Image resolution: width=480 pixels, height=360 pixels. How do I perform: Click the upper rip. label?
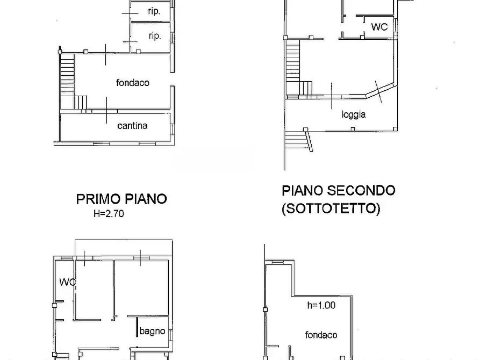tap(154, 11)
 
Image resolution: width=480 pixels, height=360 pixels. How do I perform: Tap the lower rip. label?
tap(154, 36)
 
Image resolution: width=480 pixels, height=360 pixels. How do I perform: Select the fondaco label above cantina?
tap(133, 83)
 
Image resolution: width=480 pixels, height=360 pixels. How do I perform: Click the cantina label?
tap(132, 126)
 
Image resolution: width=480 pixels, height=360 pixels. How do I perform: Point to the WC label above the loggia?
tap(379, 27)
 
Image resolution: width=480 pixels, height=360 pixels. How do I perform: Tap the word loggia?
tap(353, 114)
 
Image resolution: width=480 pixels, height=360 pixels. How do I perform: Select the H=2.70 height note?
tap(109, 213)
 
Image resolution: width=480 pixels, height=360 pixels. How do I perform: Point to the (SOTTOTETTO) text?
tap(331, 208)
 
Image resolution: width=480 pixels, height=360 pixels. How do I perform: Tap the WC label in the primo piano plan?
tap(67, 282)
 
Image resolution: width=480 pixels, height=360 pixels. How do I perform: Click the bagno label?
tap(152, 331)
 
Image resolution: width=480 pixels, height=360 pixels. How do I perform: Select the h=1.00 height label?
tap(321, 305)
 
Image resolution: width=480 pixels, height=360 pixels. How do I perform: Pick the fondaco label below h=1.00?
tap(321, 335)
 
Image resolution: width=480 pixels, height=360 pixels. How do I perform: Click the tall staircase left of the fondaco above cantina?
tap(67, 81)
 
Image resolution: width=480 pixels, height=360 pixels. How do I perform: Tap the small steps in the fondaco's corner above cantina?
tap(81, 102)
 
